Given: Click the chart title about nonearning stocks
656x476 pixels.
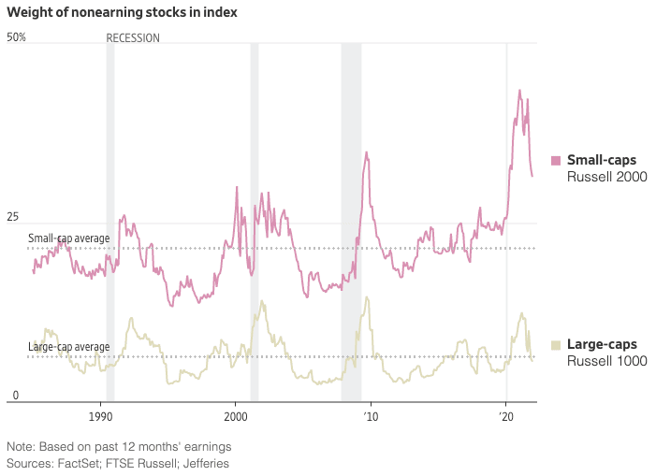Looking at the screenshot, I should (122, 13).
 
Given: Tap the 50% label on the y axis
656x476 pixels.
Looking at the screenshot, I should (17, 37).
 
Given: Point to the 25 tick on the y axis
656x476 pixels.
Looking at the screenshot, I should (14, 217).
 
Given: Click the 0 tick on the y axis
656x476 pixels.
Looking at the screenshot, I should (14, 396).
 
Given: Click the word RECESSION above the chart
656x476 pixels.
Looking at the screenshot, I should (133, 38).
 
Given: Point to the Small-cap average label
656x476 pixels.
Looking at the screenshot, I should (68, 238).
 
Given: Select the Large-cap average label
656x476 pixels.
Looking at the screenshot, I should (68, 347).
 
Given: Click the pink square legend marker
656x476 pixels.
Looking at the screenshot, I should (556, 161).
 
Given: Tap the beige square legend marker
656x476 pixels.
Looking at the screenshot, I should (556, 345).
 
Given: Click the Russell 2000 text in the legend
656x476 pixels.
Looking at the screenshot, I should (607, 177).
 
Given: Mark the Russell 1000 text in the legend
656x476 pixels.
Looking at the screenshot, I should (607, 361).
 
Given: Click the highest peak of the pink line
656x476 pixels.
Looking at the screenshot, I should (520, 91).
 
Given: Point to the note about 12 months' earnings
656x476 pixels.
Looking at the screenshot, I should (119, 446).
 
